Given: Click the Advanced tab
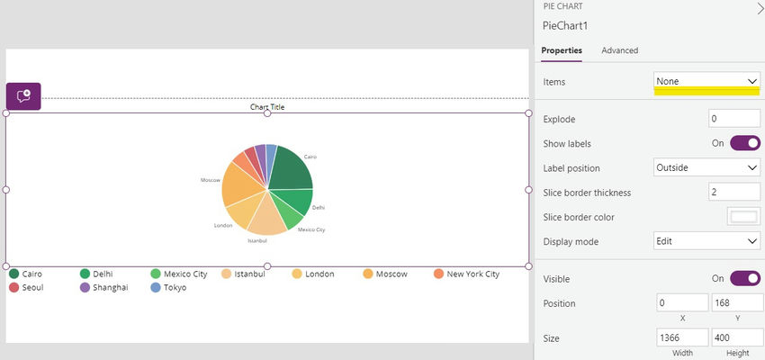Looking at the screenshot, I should point(619,50).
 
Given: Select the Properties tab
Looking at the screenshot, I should point(562,50).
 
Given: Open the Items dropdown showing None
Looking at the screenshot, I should point(707,81).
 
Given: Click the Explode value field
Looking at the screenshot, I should point(733,119).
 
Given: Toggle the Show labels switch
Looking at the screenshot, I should point(745,143).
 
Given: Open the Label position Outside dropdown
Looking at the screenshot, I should point(707,167).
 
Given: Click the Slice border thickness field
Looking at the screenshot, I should point(733,193).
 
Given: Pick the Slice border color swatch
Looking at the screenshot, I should point(743,217).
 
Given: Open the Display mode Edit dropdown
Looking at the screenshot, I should point(707,241).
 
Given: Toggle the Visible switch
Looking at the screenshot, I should point(745,279).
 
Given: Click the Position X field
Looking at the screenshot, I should point(681,303).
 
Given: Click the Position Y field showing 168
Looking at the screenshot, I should point(735,303).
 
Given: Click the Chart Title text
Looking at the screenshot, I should point(267,107).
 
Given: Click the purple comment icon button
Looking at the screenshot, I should point(23,96).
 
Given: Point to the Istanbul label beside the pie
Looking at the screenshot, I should point(257,241).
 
